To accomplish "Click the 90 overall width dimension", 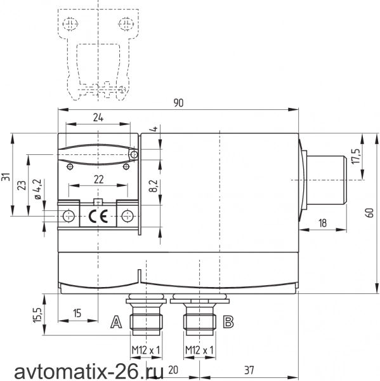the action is [178, 103].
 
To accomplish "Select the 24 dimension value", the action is [98, 117].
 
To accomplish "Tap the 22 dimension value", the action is [98, 180].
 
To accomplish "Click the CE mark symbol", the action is [98, 217].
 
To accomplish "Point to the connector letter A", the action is [116, 322].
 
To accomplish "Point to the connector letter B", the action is [228, 322].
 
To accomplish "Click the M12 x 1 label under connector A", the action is [146, 350].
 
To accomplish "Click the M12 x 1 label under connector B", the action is [199, 350].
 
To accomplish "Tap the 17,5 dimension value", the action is [356, 156].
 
